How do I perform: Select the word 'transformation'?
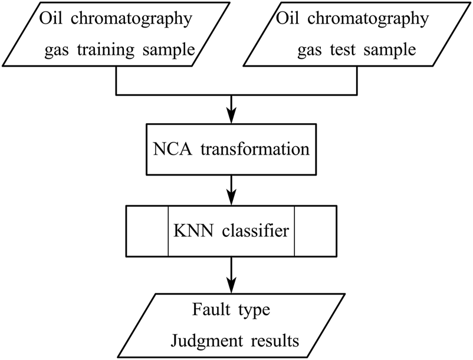[257, 149]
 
